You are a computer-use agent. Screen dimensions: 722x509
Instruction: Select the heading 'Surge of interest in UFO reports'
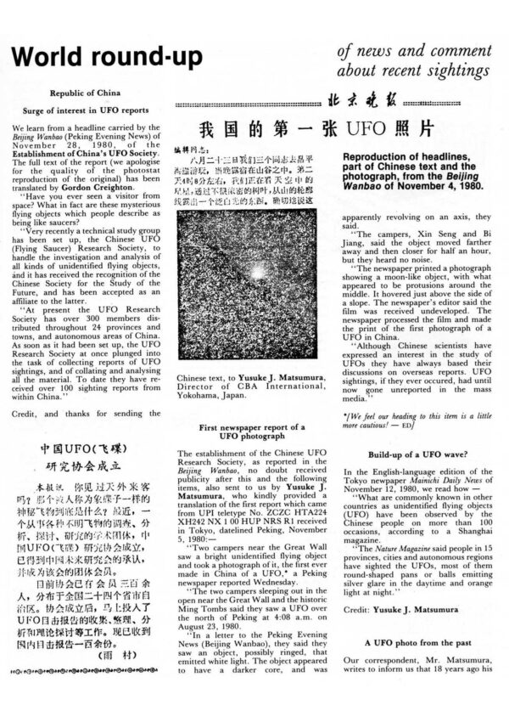click(x=83, y=110)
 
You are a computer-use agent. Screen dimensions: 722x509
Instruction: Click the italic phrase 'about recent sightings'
click(x=414, y=71)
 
